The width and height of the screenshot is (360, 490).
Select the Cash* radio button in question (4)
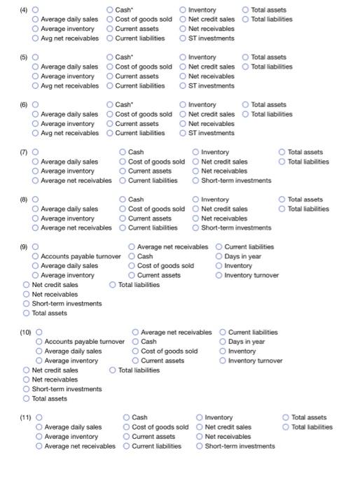111,10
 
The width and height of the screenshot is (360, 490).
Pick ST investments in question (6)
184,133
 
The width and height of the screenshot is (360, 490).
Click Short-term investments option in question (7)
196,181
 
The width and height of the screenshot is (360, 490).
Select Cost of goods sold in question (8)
123,209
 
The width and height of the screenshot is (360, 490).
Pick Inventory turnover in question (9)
219,275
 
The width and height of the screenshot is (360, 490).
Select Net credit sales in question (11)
200,427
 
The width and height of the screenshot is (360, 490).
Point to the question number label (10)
25,332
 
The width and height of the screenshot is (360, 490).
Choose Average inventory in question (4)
36,29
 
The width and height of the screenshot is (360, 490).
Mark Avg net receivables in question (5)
36,85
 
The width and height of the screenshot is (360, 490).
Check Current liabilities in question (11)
127,446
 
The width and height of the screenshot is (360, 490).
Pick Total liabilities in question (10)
113,370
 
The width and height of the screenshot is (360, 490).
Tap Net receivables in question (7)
196,171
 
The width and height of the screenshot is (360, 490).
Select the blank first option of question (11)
40,417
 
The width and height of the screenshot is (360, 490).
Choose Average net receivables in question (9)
132,246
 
